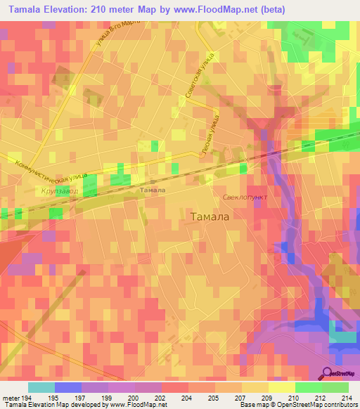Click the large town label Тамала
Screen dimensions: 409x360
point(210,217)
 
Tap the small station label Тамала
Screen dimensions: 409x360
point(153,190)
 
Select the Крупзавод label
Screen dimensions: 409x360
point(59,191)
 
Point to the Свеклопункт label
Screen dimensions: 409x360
point(245,198)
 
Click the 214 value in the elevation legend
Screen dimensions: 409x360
point(345,397)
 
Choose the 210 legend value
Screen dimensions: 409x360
point(293,397)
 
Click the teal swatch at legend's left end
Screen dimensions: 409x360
point(41,387)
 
